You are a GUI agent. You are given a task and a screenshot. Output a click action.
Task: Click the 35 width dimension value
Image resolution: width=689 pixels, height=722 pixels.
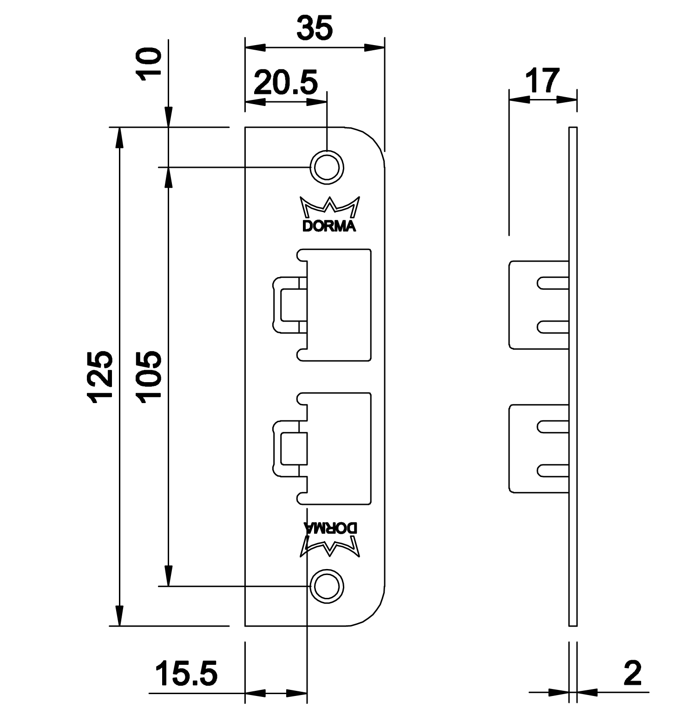315,29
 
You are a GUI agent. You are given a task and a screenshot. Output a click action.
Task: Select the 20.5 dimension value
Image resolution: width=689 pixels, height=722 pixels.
286,84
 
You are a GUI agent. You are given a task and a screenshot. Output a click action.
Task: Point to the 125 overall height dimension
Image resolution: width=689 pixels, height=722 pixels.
101,377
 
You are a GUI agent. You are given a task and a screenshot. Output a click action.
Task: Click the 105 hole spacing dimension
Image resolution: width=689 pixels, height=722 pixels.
149,377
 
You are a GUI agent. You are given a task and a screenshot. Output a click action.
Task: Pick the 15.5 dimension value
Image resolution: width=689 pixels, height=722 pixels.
186,674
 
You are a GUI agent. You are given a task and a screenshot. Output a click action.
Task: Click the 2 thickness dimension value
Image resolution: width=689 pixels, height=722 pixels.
633,673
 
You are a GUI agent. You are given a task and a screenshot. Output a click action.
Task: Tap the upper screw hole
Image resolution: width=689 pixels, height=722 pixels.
328,166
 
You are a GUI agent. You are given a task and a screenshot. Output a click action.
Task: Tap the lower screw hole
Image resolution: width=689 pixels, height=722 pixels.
328,586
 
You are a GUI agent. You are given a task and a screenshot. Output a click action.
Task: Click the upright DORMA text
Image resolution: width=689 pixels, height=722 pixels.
329,226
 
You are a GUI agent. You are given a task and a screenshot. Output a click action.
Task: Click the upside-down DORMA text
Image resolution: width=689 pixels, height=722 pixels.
330,528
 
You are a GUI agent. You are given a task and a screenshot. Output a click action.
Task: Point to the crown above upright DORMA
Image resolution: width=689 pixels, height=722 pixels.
329,207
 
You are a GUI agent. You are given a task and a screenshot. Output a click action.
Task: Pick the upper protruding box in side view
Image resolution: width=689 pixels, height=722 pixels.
539,305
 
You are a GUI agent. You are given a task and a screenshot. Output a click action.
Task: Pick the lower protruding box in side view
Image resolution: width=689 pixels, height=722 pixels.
539,448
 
